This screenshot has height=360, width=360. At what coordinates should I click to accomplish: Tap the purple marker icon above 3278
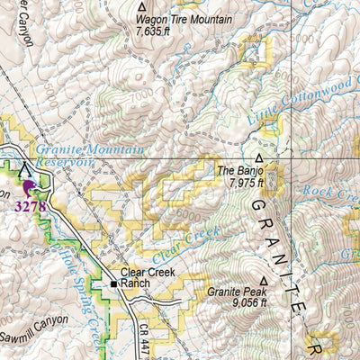[x=28, y=186]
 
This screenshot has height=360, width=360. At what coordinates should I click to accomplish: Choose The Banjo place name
[x=238, y=169]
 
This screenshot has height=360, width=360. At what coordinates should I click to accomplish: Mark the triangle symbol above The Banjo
[x=260, y=156]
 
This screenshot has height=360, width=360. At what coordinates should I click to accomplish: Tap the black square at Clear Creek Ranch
[x=113, y=283]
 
